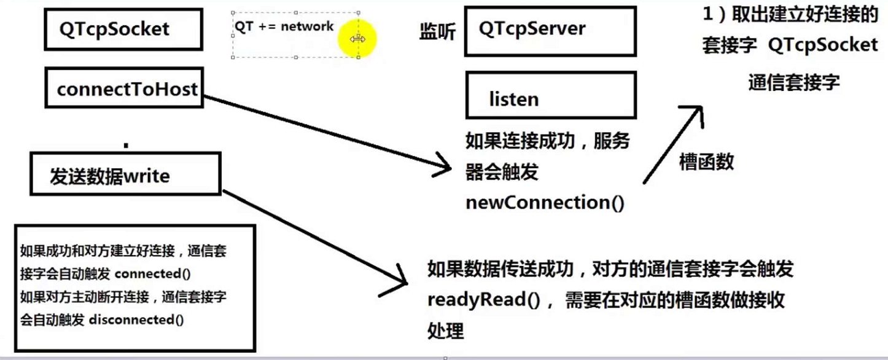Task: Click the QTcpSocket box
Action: click(123, 29)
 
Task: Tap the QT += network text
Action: click(284, 26)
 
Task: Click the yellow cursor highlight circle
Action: click(357, 39)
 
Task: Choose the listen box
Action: click(550, 99)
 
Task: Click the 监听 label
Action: click(437, 31)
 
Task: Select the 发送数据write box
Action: click(124, 176)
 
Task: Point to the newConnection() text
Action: click(545, 203)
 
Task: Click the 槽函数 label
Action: click(706, 162)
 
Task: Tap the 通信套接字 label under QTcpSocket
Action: click(793, 82)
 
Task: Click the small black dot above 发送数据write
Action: click(126, 146)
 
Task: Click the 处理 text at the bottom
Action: click(445, 332)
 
